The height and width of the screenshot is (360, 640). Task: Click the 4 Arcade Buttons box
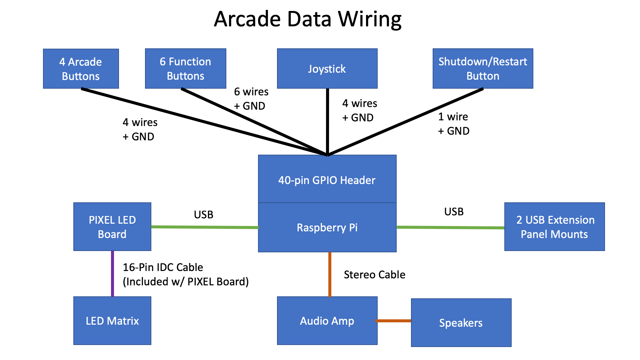81,69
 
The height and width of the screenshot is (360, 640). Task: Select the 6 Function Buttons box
186,69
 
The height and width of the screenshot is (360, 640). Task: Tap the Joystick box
327,69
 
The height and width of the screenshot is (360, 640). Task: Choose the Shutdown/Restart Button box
483,69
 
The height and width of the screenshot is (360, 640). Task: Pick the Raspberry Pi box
327,228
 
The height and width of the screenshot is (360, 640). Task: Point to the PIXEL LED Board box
112,227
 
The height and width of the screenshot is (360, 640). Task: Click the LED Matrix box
112,321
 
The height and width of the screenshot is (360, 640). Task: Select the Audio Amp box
327,321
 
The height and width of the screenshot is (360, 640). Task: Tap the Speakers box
461,323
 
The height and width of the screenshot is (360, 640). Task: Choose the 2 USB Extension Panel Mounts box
554,227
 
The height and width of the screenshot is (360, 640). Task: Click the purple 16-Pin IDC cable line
112,273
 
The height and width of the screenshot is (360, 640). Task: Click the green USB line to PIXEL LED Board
205,227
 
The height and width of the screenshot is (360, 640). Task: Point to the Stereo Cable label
375,275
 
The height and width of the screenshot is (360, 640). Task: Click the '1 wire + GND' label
454,124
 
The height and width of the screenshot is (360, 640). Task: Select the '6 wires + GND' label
251,99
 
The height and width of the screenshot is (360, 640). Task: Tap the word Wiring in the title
370,19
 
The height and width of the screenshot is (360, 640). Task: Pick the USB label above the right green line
454,212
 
